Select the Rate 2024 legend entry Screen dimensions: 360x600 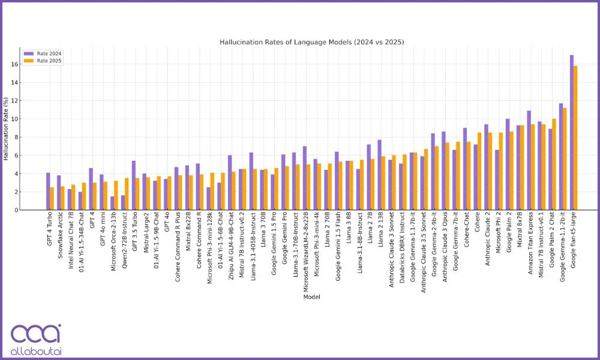coord(48,53)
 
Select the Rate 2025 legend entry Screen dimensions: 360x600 coord(48,61)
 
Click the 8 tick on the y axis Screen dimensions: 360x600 coord(16,137)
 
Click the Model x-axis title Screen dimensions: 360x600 coord(311,296)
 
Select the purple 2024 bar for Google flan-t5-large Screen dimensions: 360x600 coord(572,133)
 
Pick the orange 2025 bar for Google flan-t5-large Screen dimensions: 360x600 coord(576,138)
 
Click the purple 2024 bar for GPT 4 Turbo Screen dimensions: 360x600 coord(48,191)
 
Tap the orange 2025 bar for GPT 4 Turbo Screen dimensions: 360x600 coord(52,199)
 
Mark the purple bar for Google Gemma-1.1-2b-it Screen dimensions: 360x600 coord(561,157)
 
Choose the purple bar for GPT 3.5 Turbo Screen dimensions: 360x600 coord(133,185)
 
